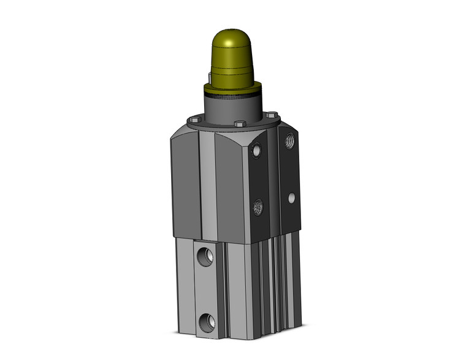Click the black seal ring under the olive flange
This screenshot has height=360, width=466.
233,97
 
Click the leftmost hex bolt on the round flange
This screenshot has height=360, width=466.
195,120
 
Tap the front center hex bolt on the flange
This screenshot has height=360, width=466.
239,125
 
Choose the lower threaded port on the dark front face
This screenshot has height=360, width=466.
258,207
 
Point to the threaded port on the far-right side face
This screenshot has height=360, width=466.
289,142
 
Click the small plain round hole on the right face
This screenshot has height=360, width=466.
291,197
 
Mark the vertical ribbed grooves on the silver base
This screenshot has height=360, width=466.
270,282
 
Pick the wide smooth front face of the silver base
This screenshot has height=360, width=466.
239,288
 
